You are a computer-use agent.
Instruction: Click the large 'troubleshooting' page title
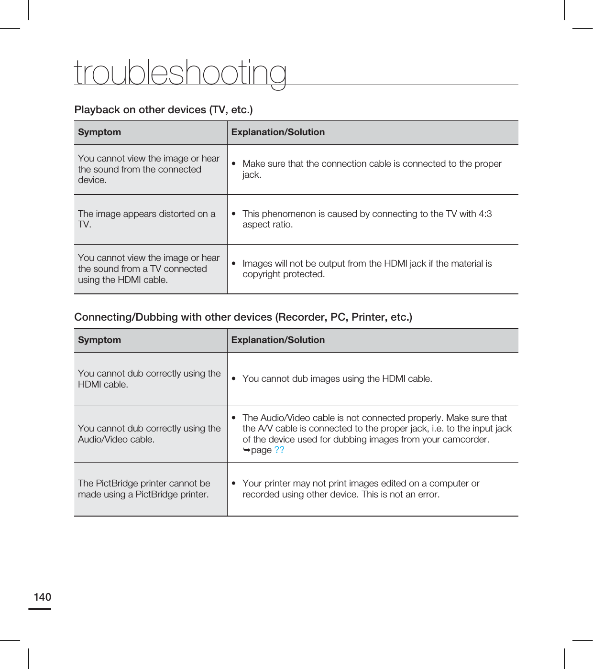point(180,73)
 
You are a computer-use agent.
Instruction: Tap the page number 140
point(42,597)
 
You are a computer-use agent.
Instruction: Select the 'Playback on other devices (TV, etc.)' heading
point(164,110)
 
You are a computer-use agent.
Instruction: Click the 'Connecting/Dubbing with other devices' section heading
point(243,317)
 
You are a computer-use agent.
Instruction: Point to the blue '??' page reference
point(279,450)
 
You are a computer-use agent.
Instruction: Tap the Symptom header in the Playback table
point(99,132)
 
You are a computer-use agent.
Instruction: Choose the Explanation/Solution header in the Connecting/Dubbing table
point(278,340)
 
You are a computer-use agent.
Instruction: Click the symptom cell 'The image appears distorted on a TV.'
point(146,219)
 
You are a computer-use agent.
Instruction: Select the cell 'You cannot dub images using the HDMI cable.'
point(337,379)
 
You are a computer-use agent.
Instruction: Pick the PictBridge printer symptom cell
point(144,489)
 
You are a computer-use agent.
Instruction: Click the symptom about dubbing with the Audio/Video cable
point(149,434)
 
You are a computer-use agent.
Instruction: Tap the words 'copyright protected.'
point(284,274)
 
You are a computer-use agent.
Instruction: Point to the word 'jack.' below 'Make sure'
point(252,175)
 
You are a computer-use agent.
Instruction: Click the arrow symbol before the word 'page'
point(246,450)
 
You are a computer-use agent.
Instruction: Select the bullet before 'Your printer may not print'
point(234,484)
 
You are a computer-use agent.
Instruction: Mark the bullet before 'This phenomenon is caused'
point(234,214)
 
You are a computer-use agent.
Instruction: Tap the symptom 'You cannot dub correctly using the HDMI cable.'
point(149,379)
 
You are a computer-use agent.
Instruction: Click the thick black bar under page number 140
point(40,609)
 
